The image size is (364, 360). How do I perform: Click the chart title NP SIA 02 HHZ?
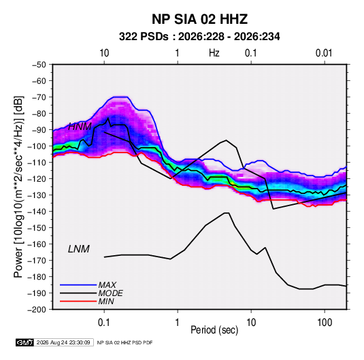(199, 19)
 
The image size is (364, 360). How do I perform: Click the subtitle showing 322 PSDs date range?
(199, 37)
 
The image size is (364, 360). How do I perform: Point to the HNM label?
(80, 127)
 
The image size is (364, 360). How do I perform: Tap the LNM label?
(79, 249)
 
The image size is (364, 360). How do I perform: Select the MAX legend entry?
(107, 284)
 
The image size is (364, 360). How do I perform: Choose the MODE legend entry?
(110, 293)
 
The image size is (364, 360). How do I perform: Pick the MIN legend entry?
(106, 301)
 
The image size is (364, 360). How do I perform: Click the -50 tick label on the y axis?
(39, 65)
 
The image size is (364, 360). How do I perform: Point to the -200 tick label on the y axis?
(37, 310)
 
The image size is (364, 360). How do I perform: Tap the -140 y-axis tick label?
(37, 212)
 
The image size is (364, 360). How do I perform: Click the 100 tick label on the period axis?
(325, 323)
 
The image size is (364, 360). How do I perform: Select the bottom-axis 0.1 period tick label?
(104, 323)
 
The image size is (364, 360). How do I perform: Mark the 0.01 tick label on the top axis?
(324, 53)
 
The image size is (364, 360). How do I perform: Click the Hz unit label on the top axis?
(214, 53)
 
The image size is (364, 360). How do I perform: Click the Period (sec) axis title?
(214, 330)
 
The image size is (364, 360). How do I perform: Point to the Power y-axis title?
(18, 186)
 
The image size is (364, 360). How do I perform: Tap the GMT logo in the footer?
(25, 342)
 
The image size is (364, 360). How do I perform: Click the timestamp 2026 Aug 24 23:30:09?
(63, 342)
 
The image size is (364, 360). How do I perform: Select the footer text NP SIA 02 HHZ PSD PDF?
(125, 342)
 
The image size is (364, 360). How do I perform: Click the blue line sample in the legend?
(78, 284)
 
